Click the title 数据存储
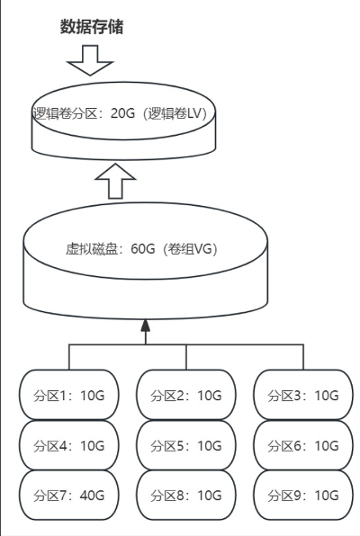click(x=92, y=27)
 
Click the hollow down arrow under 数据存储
click(x=90, y=60)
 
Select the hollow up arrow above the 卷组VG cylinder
click(x=115, y=181)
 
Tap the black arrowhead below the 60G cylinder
click(x=146, y=325)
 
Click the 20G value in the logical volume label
click(x=122, y=113)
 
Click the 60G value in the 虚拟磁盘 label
click(x=143, y=249)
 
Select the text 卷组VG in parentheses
click(x=190, y=249)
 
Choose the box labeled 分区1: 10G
click(x=69, y=395)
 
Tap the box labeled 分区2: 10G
click(x=186, y=395)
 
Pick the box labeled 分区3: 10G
click(x=303, y=395)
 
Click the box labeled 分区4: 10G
click(x=69, y=445)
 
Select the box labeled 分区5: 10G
click(x=186, y=445)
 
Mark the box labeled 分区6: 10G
click(x=303, y=445)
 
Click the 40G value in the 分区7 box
click(x=93, y=495)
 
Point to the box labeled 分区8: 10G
click(x=186, y=495)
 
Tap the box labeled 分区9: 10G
click(x=303, y=495)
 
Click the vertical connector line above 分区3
click(x=303, y=357)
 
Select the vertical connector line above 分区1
click(x=69, y=357)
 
